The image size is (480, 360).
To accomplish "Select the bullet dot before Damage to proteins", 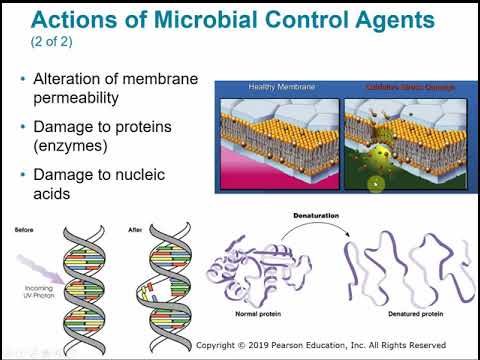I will point(23,128).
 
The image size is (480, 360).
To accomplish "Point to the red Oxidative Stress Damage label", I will point(397,87).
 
